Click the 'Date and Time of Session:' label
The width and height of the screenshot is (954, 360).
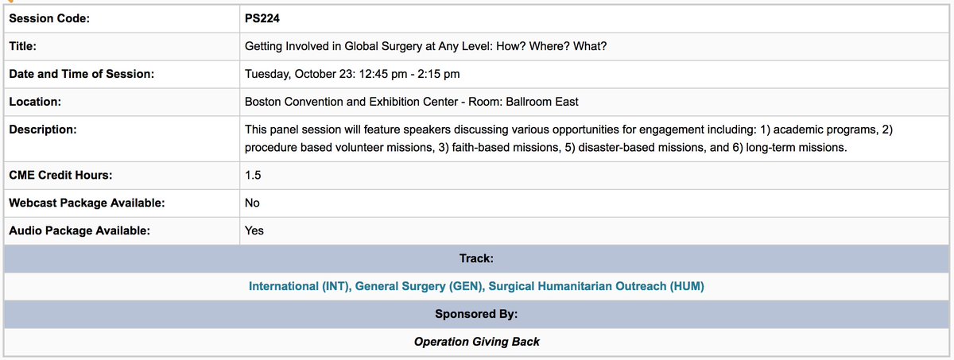(x=81, y=74)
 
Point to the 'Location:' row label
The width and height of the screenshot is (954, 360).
(x=35, y=102)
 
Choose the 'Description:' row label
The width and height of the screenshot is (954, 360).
(x=42, y=129)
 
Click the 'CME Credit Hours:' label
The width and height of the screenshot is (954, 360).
(x=61, y=175)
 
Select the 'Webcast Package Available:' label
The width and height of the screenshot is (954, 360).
(x=87, y=203)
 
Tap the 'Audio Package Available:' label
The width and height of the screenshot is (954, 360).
(x=79, y=230)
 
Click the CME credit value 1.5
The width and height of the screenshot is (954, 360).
(x=254, y=175)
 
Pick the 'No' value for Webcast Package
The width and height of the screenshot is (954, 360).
(x=253, y=203)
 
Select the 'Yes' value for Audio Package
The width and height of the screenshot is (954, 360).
(x=254, y=230)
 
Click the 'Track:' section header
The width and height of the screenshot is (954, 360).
(x=476, y=258)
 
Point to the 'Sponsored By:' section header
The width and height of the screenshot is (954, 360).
(x=476, y=314)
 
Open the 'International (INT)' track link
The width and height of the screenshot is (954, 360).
(x=300, y=286)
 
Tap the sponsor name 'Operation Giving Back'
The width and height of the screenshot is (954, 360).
(x=476, y=341)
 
